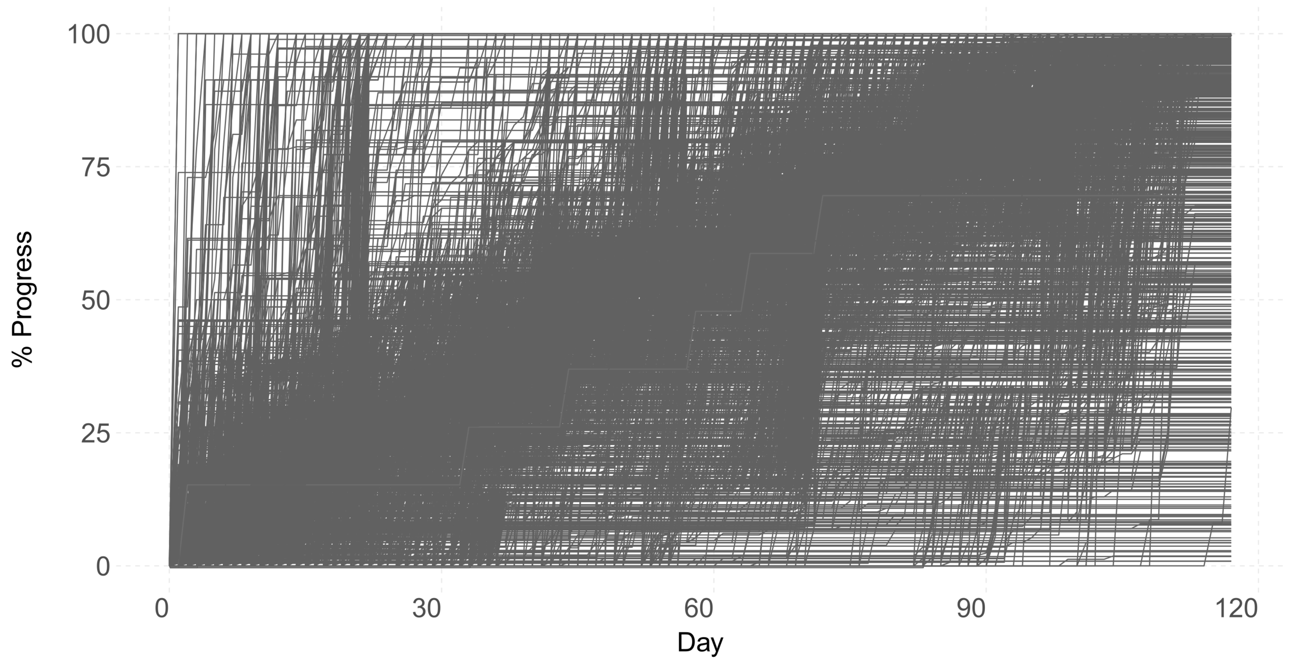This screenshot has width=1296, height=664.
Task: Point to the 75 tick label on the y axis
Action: tap(96, 169)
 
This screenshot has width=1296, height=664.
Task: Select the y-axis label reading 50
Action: tap(96, 301)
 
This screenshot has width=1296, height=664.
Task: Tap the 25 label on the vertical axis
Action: tap(96, 435)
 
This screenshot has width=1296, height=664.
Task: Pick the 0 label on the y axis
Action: tap(103, 567)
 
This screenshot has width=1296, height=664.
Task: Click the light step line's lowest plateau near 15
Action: tap(321, 485)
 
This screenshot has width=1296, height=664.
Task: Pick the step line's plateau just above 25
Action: tap(513, 427)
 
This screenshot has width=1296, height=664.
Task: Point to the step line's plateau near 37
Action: tap(627, 369)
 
